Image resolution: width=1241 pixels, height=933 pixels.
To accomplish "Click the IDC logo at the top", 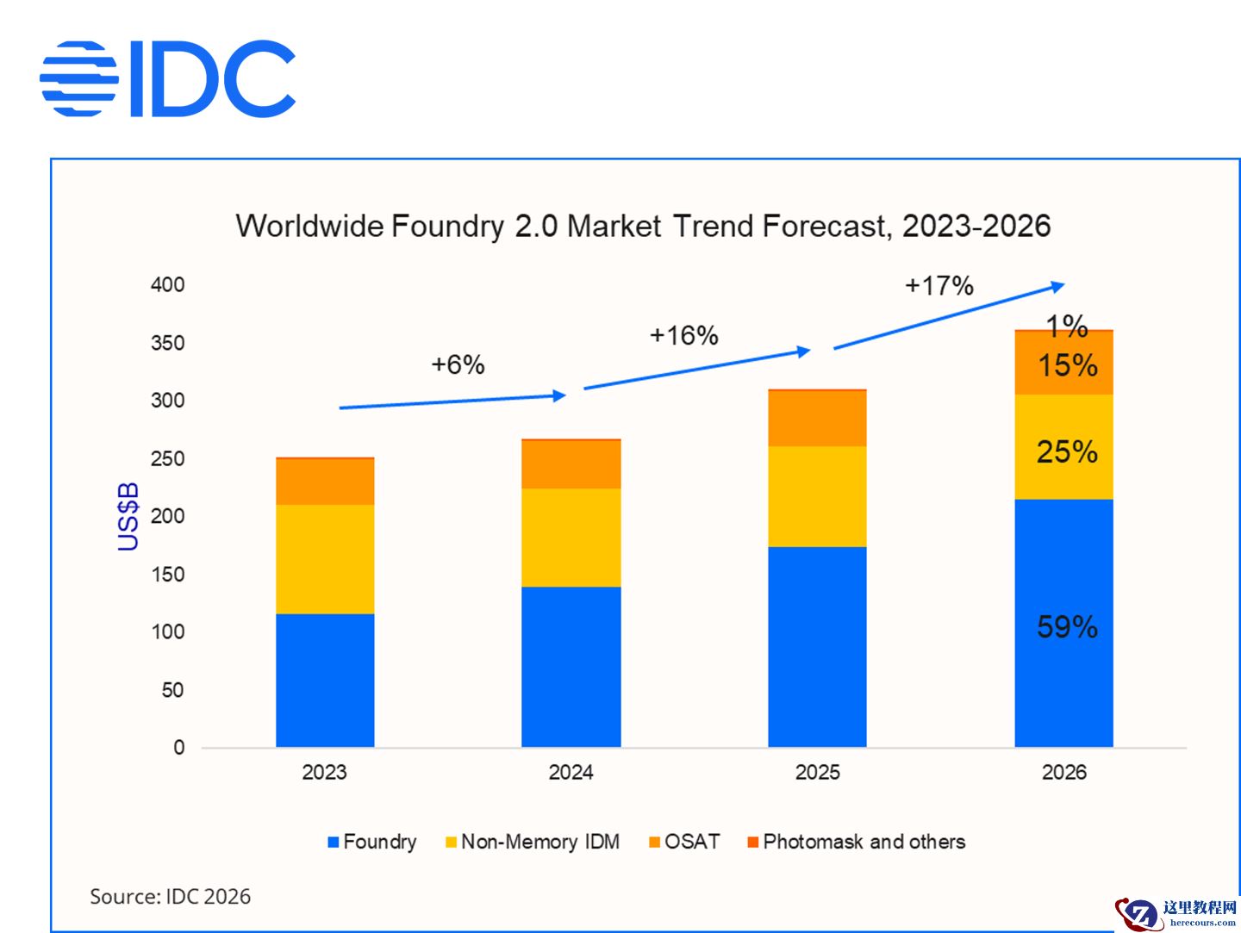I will (168, 78).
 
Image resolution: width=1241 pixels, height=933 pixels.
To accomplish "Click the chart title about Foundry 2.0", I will (643, 226).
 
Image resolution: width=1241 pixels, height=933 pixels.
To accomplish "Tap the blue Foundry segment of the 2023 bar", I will (325, 680).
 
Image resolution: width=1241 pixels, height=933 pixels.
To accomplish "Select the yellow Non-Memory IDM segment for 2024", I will (571, 538).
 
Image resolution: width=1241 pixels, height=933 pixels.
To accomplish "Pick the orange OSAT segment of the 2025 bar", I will (817, 419).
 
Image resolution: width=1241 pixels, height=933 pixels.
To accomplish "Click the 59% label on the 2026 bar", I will (1067, 626).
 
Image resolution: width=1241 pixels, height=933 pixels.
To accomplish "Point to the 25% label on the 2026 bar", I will (1067, 451).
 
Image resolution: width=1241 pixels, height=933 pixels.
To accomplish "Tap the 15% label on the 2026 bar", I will (1067, 365).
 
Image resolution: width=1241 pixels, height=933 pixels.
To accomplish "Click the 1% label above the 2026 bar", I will (1067, 326).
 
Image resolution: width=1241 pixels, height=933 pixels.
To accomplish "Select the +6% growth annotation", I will (458, 364).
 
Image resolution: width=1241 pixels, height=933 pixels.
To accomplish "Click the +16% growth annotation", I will (683, 335).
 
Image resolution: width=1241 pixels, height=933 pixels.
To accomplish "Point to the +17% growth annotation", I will (939, 285).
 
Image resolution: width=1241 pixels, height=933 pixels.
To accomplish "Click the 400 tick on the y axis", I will (168, 284).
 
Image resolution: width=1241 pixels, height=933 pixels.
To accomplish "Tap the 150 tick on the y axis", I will (168, 574).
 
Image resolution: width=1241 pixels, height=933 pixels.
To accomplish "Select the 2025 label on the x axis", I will (817, 772).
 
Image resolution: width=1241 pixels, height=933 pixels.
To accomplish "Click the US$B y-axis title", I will (128, 516).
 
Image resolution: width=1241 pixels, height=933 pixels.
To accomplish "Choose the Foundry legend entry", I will (371, 842).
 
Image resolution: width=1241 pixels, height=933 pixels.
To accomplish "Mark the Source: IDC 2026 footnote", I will (170, 897).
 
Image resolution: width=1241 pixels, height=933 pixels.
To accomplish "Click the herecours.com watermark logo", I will (1176, 913).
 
